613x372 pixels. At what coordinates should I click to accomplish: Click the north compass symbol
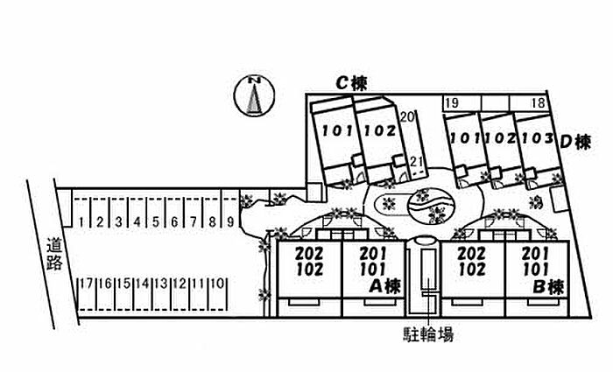coord(254,96)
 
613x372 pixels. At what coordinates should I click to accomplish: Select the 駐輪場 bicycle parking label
coord(426,333)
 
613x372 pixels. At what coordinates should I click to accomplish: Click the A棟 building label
coord(384,285)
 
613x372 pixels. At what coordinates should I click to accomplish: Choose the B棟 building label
coord(546,285)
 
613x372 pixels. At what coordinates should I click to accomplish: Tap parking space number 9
coord(229,222)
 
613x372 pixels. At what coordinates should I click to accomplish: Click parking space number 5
coord(154,222)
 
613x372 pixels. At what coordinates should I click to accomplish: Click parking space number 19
coord(452,103)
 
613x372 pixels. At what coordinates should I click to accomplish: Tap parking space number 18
coord(537,103)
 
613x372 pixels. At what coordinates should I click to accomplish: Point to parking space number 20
coord(405,116)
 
